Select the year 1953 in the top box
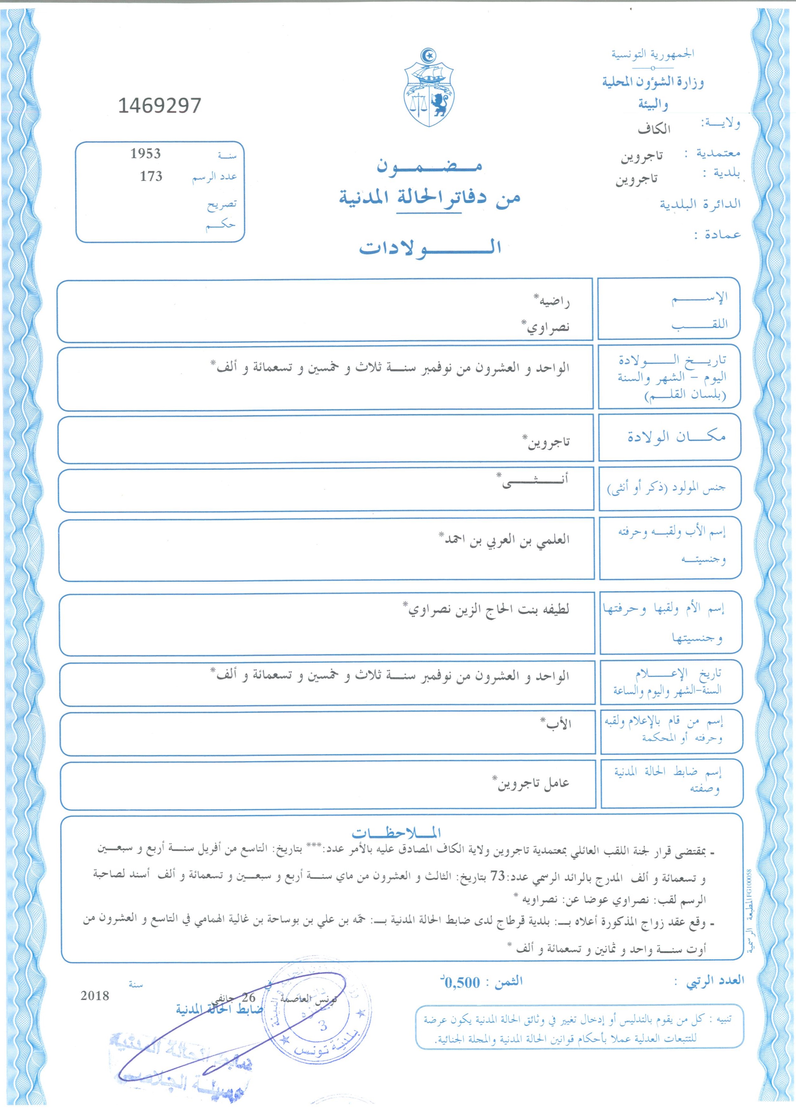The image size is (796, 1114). (x=146, y=154)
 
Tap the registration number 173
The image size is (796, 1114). (x=151, y=176)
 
